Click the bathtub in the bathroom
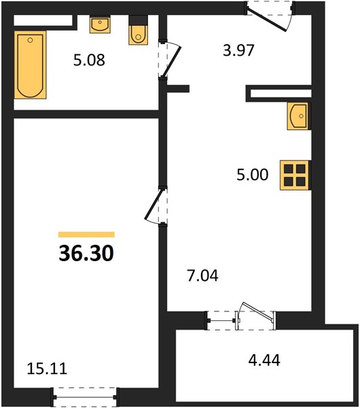[30, 65]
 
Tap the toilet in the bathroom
[139, 30]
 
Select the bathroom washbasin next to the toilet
[100, 24]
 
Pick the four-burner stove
[295, 175]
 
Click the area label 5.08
[89, 60]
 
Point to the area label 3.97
[238, 50]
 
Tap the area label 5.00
[252, 175]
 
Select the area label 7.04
[202, 276]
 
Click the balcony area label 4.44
[264, 360]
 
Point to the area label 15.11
[47, 369]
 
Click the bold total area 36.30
[86, 254]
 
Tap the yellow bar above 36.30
[86, 235]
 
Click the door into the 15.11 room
[155, 205]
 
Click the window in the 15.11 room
[85, 397]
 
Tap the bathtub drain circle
[30, 40]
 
